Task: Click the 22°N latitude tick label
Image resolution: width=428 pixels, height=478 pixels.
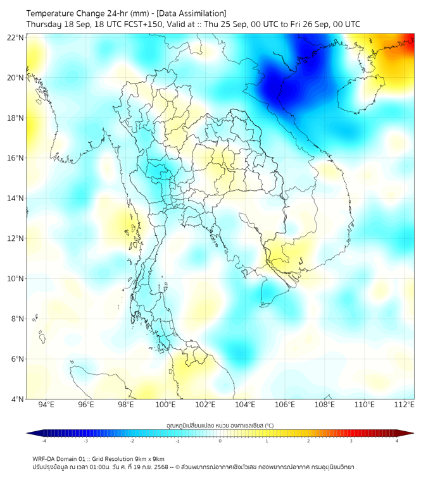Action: tap(16, 38)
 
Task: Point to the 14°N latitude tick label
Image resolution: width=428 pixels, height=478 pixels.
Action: tap(16, 199)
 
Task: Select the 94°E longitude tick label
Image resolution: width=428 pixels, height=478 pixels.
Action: tap(46, 405)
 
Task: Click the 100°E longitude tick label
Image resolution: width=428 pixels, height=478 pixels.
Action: tap(165, 405)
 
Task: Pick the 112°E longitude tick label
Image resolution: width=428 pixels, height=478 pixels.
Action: tap(405, 405)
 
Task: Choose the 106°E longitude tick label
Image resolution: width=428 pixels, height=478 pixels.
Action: tap(285, 405)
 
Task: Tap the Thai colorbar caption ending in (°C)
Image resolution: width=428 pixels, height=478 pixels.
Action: tap(220, 425)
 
